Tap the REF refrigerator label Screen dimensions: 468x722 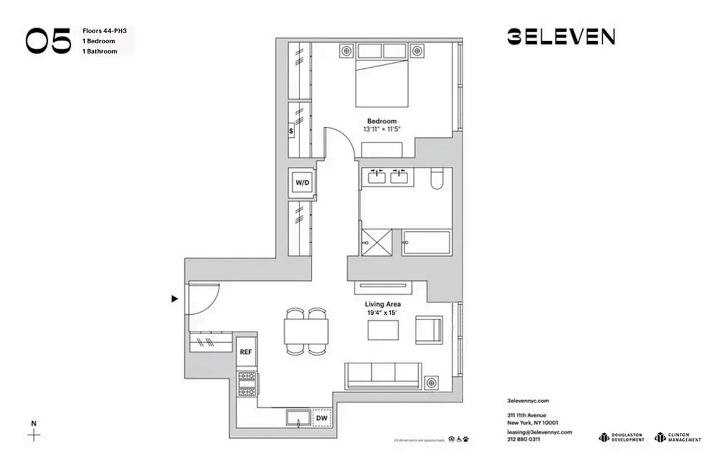pos(246,352)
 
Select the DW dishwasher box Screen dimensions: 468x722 pos(321,418)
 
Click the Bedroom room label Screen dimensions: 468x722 pos(382,121)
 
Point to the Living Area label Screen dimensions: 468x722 pos(382,304)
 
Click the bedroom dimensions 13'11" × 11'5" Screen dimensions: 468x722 pos(382,129)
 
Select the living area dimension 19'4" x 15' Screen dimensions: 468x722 pos(382,313)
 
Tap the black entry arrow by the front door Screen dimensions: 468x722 pos(174,299)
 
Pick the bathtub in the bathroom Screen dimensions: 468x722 pos(426,242)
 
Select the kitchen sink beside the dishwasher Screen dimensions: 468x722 pos(299,418)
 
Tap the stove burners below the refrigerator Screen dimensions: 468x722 pos(246,384)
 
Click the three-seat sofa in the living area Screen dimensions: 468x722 pos(383,375)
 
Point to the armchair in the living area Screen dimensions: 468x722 pos(429,329)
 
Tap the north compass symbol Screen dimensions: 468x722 pos(34,434)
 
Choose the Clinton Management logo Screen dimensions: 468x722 pos(678,437)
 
